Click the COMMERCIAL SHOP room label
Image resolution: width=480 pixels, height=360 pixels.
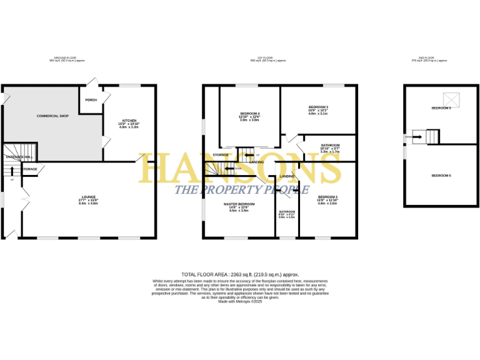coord(52,116)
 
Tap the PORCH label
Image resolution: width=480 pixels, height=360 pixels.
coord(91,99)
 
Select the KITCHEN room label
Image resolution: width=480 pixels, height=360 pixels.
coord(129,121)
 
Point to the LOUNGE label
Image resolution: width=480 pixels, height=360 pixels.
coord(89,197)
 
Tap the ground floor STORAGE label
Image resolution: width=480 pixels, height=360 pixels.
coord(30,169)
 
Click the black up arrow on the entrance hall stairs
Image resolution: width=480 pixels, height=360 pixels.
coord(12,169)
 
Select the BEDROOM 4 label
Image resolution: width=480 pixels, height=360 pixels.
coord(249,113)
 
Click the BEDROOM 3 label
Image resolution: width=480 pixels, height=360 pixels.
coord(318,107)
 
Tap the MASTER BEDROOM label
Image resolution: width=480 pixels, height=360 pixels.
coord(240,204)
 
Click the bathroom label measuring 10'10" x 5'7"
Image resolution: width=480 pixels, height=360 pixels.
coord(330,146)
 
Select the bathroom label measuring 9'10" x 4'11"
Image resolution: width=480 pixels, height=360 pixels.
coord(287,211)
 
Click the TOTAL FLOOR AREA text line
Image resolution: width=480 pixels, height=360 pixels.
coord(240,274)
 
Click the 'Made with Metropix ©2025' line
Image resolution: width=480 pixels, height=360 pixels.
coord(240,301)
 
